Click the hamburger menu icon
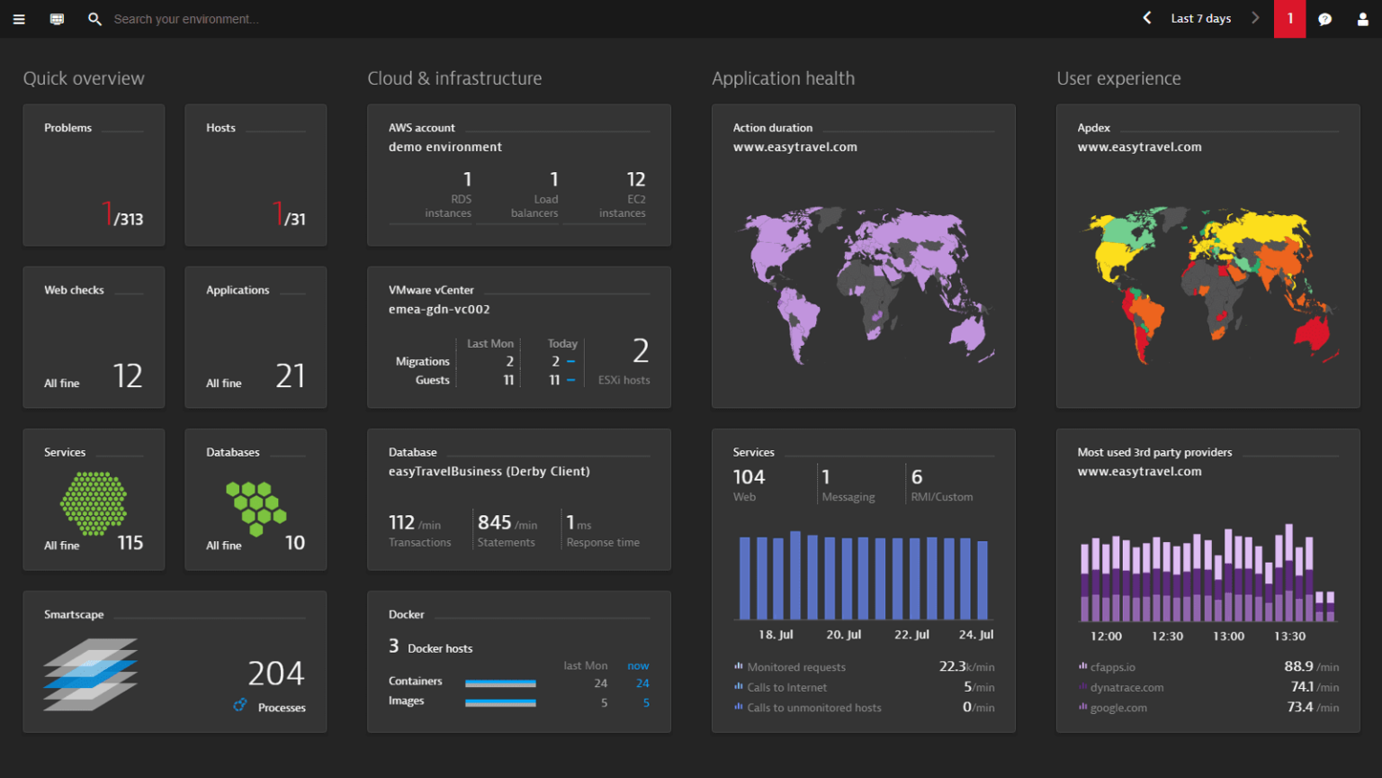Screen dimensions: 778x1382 (19, 19)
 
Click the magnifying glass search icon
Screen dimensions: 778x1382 (94, 19)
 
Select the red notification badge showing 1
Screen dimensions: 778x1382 (1289, 19)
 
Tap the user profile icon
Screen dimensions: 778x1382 (1362, 19)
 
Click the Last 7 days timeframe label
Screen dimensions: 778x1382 (1200, 19)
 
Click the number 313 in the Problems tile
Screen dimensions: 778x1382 (130, 219)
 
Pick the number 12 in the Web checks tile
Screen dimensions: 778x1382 (128, 375)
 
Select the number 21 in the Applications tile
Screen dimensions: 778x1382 (290, 375)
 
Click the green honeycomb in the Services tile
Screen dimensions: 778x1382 (94, 503)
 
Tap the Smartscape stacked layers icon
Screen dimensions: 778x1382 (90, 674)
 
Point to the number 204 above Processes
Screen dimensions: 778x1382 (276, 674)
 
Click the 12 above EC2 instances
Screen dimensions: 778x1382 (636, 179)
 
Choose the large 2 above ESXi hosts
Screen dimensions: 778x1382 (641, 350)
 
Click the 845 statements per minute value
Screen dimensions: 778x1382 (494, 522)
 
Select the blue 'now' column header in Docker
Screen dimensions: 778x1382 (638, 666)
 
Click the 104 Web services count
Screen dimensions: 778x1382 (749, 477)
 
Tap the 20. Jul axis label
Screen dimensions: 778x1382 (843, 635)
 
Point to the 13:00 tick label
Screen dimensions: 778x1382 (1228, 637)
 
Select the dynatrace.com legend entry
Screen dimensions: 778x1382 (1126, 688)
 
